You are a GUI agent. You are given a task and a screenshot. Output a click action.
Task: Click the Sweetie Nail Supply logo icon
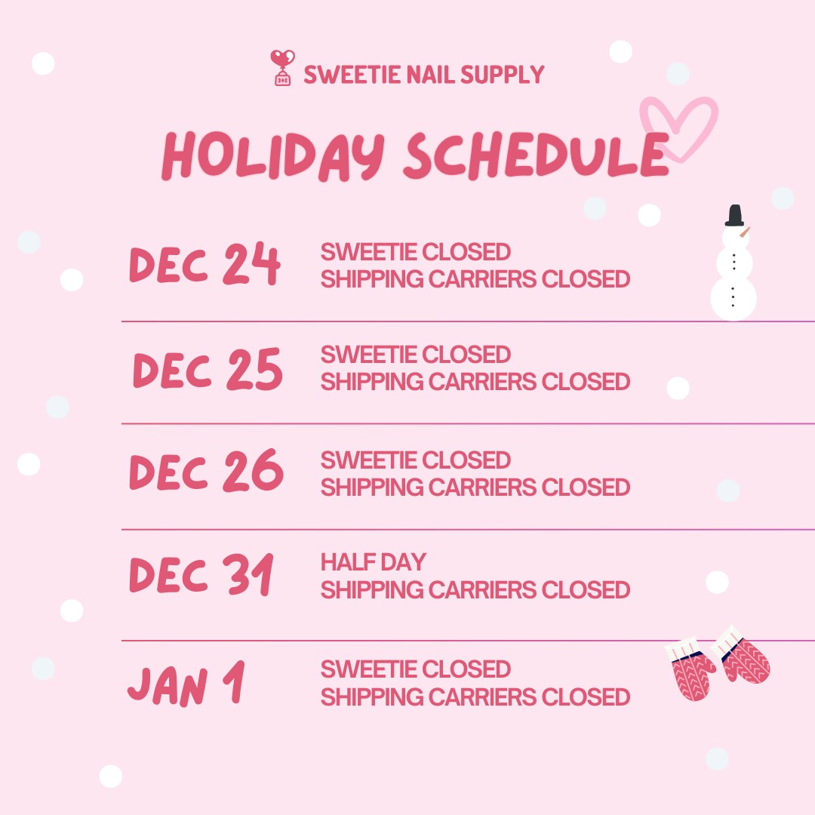coord(282,69)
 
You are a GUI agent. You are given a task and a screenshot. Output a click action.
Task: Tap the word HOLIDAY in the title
coord(272,156)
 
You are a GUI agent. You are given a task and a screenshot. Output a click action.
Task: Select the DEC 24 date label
coord(205,265)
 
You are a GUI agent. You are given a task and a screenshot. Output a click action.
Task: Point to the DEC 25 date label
coord(208,370)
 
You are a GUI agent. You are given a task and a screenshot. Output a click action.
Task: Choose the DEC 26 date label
coord(206,472)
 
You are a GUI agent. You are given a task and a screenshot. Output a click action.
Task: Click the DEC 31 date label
coord(201,576)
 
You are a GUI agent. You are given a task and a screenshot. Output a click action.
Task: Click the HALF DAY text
coord(373,562)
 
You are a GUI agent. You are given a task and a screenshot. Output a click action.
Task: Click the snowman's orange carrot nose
coord(744,233)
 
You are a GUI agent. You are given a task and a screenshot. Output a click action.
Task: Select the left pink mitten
coord(690,671)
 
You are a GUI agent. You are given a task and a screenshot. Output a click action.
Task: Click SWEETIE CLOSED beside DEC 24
coord(415,252)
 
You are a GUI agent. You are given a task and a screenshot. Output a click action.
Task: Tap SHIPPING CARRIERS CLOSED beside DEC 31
coord(475,589)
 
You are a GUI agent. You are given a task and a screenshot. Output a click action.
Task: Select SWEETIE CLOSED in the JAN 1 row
coord(415,669)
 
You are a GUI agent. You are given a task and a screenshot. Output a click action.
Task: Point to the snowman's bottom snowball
coord(733,298)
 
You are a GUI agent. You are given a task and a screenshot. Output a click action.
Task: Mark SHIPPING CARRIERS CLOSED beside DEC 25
coord(475,382)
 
